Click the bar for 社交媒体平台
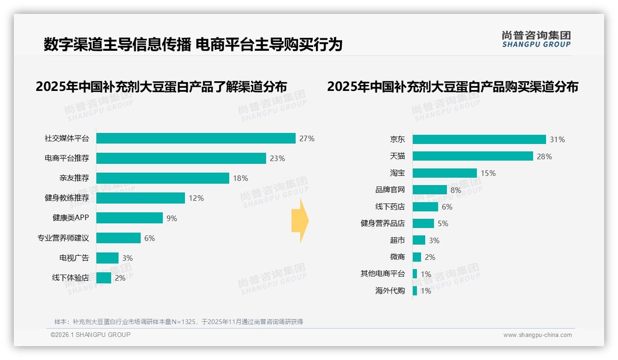coord(196,138)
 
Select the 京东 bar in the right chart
coord(479,139)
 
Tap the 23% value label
coord(277,158)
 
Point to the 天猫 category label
coord(397,156)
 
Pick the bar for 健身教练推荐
coord(140,198)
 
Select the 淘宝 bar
coord(445,173)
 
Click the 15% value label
coord(488,173)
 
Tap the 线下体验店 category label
coord(70,278)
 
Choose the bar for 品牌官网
coord(429,190)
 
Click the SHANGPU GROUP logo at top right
coord(536,39)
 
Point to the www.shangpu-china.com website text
coord(537,335)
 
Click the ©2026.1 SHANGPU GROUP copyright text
coord(90,335)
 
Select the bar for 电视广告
coord(107,258)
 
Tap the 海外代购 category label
coord(390,291)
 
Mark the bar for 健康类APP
coord(129,218)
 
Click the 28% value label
coord(544,156)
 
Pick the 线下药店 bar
coord(425,207)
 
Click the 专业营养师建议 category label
coord(63,238)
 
